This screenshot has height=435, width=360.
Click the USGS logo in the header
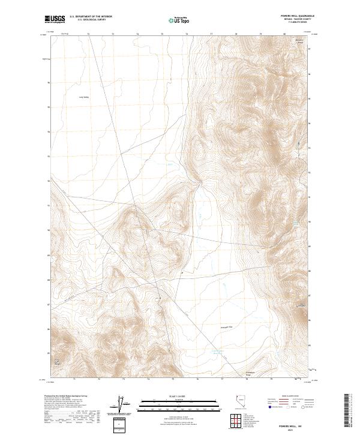55,19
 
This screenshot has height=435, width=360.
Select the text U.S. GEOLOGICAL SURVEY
91,20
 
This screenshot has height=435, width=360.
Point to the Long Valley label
83,97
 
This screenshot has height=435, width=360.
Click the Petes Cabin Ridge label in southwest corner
58,362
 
